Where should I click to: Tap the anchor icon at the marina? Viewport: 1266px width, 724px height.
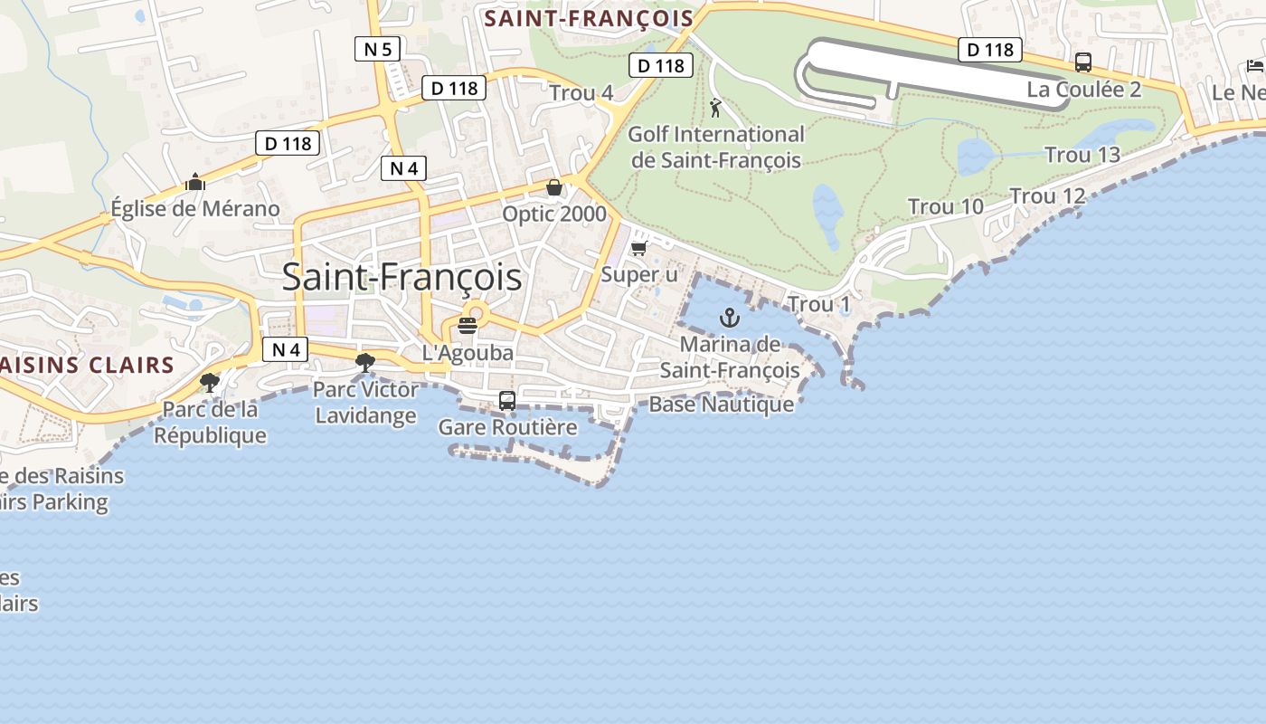pos(729,318)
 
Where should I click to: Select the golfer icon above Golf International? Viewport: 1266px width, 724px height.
pos(716,109)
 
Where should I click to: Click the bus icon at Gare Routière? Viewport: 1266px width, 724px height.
pos(507,401)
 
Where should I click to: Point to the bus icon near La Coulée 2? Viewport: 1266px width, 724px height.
pos(1082,62)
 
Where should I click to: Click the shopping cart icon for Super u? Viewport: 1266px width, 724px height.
pos(639,247)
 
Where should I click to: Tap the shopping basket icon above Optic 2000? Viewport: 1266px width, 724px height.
pos(553,187)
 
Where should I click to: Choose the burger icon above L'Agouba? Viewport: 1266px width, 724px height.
pos(468,326)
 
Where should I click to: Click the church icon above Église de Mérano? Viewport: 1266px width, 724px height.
pos(194,183)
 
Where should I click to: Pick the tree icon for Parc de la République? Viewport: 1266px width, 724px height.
pos(210,383)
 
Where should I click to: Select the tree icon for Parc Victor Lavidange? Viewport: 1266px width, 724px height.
pos(365,363)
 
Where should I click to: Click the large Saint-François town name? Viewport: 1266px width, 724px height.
pos(402,277)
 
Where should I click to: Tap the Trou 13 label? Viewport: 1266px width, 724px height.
pos(1082,155)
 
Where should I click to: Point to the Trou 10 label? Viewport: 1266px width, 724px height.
pos(945,207)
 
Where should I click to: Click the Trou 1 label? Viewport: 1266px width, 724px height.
pos(818,304)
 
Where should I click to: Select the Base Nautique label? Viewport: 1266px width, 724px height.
pos(721,405)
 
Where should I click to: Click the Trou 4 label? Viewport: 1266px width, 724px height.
pos(581,92)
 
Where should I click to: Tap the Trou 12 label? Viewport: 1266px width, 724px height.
pos(1047,196)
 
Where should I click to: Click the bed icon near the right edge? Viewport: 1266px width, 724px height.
pos(1254,65)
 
